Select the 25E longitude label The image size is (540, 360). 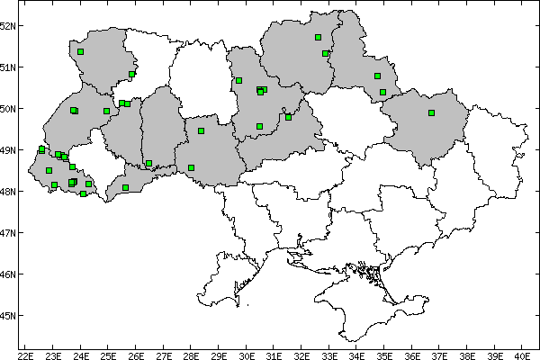click(x=108, y=355)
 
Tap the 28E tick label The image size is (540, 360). click(x=191, y=355)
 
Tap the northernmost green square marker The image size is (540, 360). click(x=319, y=37)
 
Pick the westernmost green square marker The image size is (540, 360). click(x=42, y=149)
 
